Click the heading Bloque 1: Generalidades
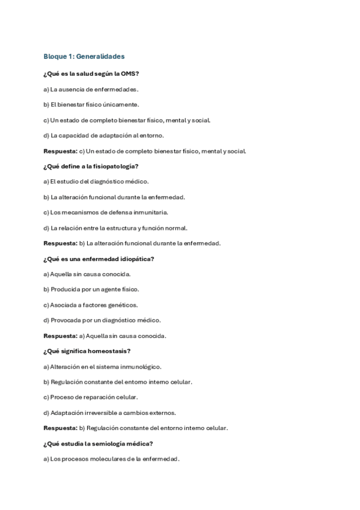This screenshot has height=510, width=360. pyautogui.click(x=84, y=57)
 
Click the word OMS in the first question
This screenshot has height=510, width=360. pyautogui.click(x=131, y=74)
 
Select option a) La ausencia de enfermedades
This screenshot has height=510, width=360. pyautogui.click(x=91, y=89)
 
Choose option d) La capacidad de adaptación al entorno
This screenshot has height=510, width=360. pyautogui.click(x=103, y=135)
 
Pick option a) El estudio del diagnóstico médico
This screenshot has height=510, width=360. pyautogui.click(x=96, y=181)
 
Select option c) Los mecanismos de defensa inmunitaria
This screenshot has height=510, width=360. pyautogui.click(x=106, y=212)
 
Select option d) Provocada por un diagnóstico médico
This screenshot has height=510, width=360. pyautogui.click(x=102, y=320)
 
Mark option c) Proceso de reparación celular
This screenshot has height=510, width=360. pyautogui.click(x=91, y=398)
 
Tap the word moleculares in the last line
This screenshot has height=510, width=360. pyautogui.click(x=108, y=459)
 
